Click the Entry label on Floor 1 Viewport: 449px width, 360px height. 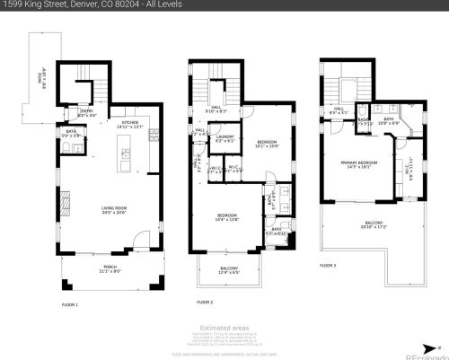87,113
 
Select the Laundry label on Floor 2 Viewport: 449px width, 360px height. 224,138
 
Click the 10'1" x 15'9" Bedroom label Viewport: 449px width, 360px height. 268,145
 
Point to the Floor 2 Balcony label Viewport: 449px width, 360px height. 230,270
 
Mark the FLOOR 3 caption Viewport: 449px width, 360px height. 330,266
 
